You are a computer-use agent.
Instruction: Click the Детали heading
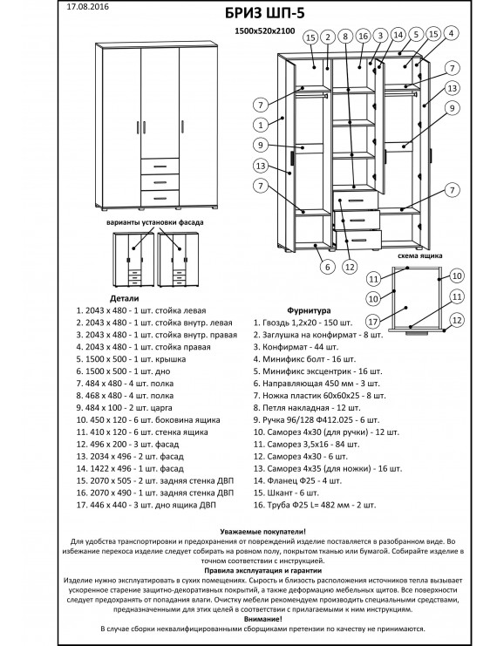coord(100,297)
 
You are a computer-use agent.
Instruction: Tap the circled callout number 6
coord(325,268)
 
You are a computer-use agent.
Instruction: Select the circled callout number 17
coord(372,320)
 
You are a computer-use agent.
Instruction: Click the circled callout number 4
coord(451,33)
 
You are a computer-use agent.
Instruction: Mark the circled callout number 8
coord(346,37)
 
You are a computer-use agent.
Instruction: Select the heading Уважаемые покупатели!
coord(248,531)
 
